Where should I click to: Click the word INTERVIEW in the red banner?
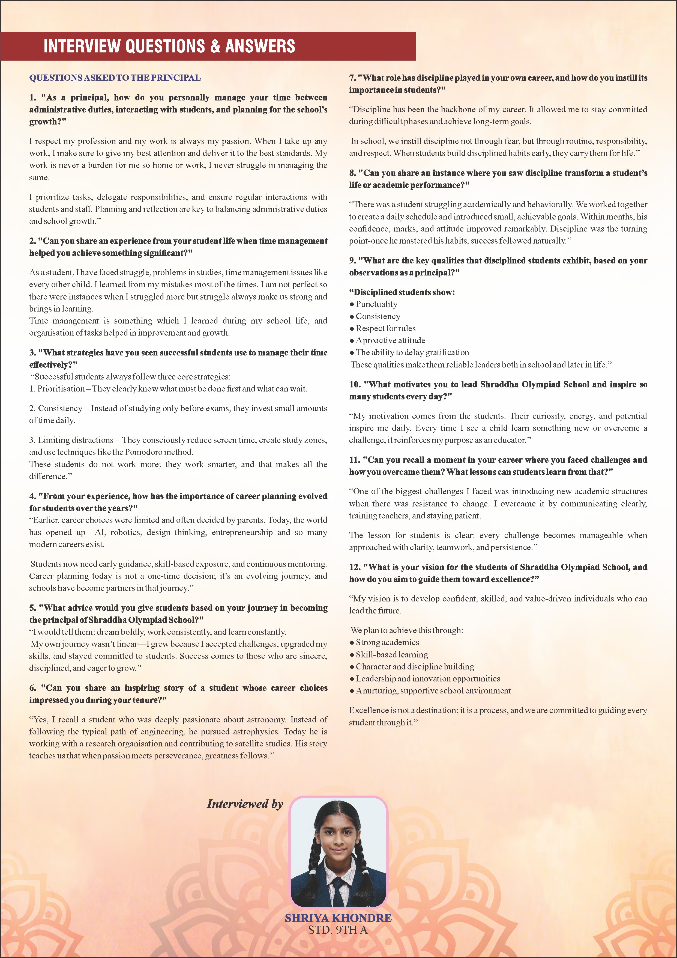pyautogui.click(x=82, y=46)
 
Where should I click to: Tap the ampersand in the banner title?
pyautogui.click(x=215, y=46)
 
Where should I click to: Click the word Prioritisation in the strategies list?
pyautogui.click(x=61, y=388)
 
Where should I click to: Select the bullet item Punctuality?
pyautogui.click(x=376, y=304)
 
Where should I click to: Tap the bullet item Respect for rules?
pyautogui.click(x=386, y=328)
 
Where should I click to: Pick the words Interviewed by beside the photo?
pyautogui.click(x=245, y=804)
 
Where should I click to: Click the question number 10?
pyautogui.click(x=355, y=384)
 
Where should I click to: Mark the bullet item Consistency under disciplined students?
pyautogui.click(x=378, y=316)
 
